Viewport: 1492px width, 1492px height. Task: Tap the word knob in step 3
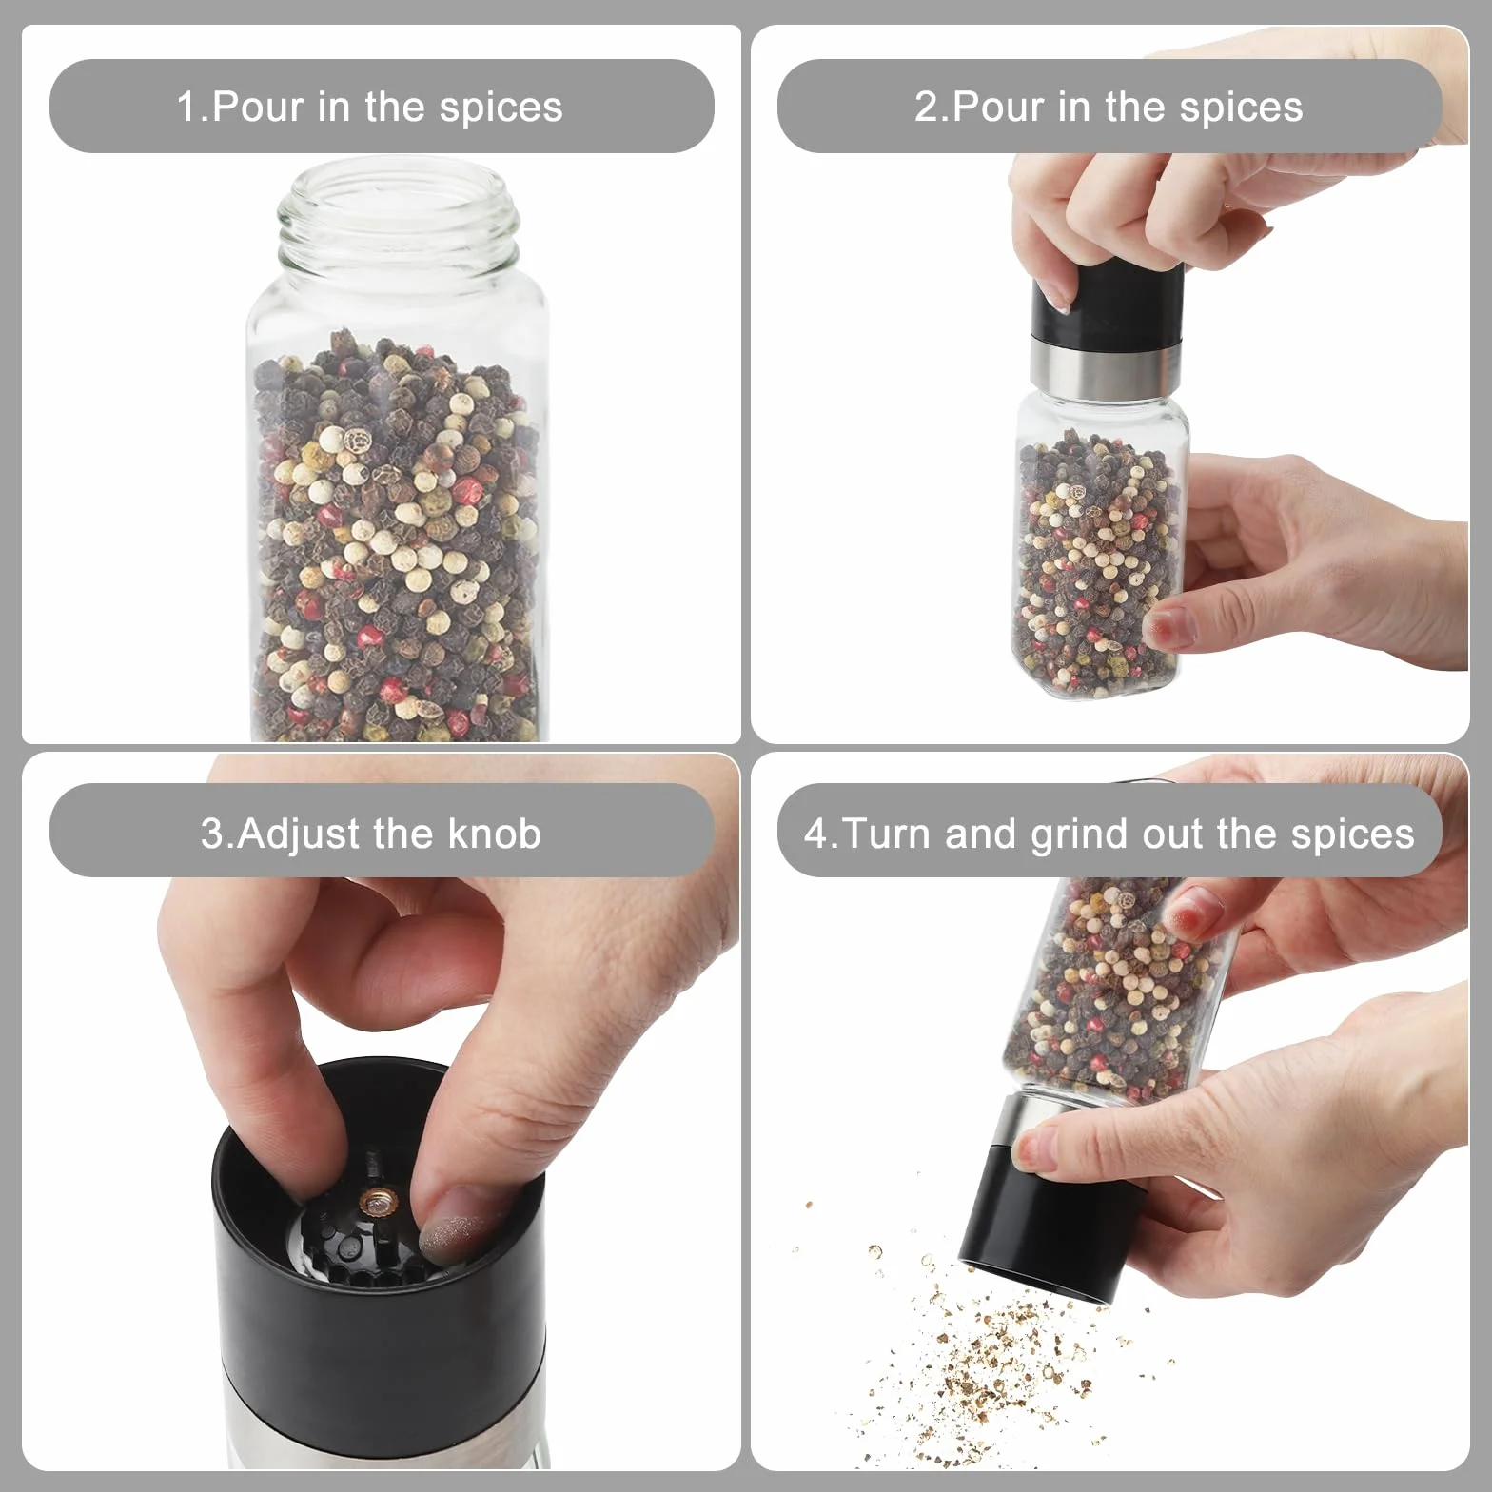pyautogui.click(x=494, y=834)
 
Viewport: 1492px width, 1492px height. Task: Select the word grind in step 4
pyautogui.click(x=1081, y=835)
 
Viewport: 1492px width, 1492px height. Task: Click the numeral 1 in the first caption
pyautogui.click(x=186, y=107)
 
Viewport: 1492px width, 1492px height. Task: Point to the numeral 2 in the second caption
pyautogui.click(x=926, y=107)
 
